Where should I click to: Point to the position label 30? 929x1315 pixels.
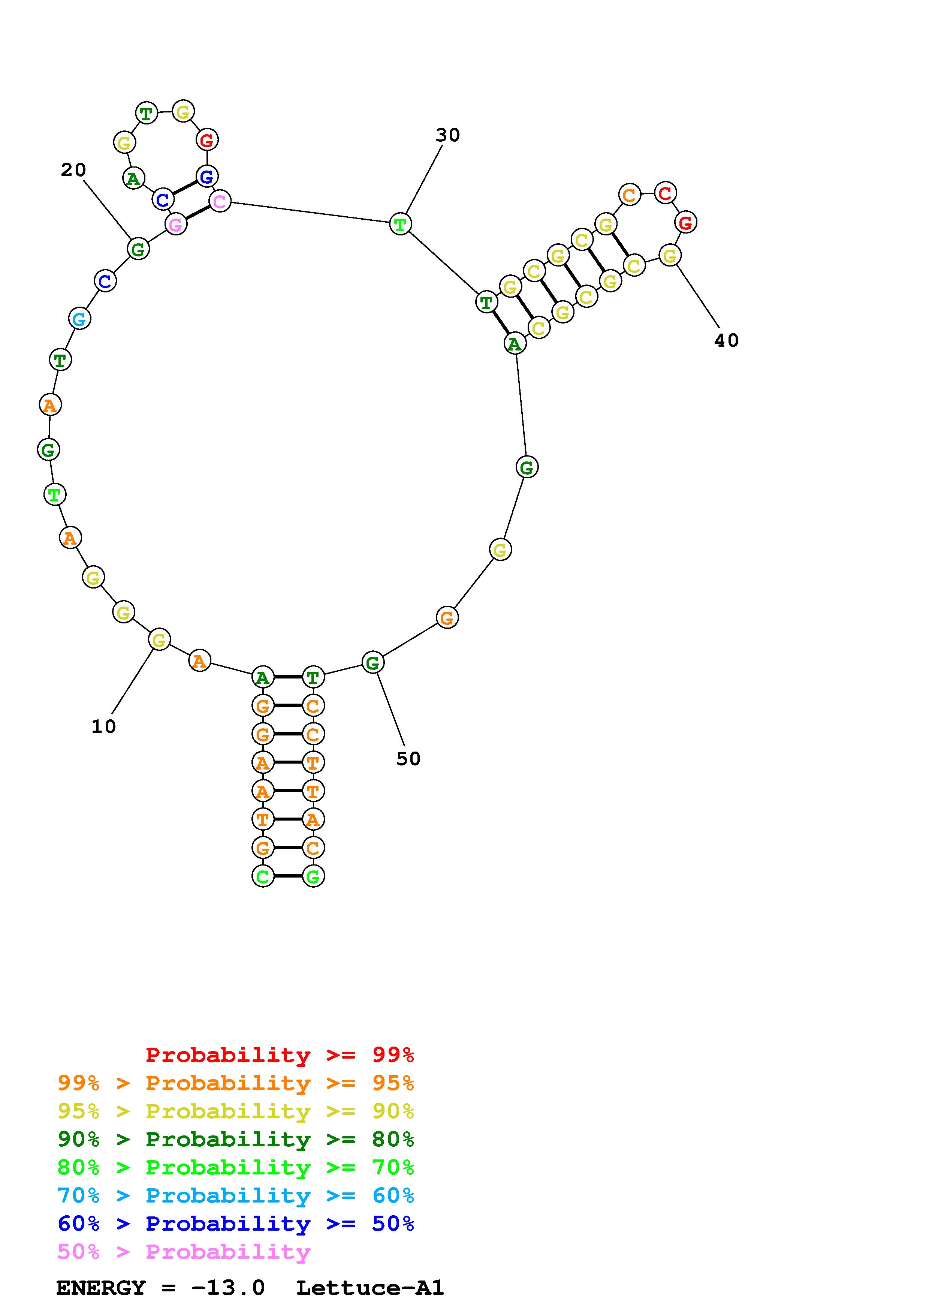click(x=447, y=135)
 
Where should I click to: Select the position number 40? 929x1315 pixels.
click(x=726, y=341)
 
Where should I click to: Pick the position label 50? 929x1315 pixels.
click(x=408, y=759)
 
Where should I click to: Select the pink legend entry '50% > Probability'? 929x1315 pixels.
click(x=184, y=1251)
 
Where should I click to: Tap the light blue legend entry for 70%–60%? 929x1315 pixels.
click(x=236, y=1195)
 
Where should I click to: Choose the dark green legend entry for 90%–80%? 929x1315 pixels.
click(x=236, y=1139)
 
